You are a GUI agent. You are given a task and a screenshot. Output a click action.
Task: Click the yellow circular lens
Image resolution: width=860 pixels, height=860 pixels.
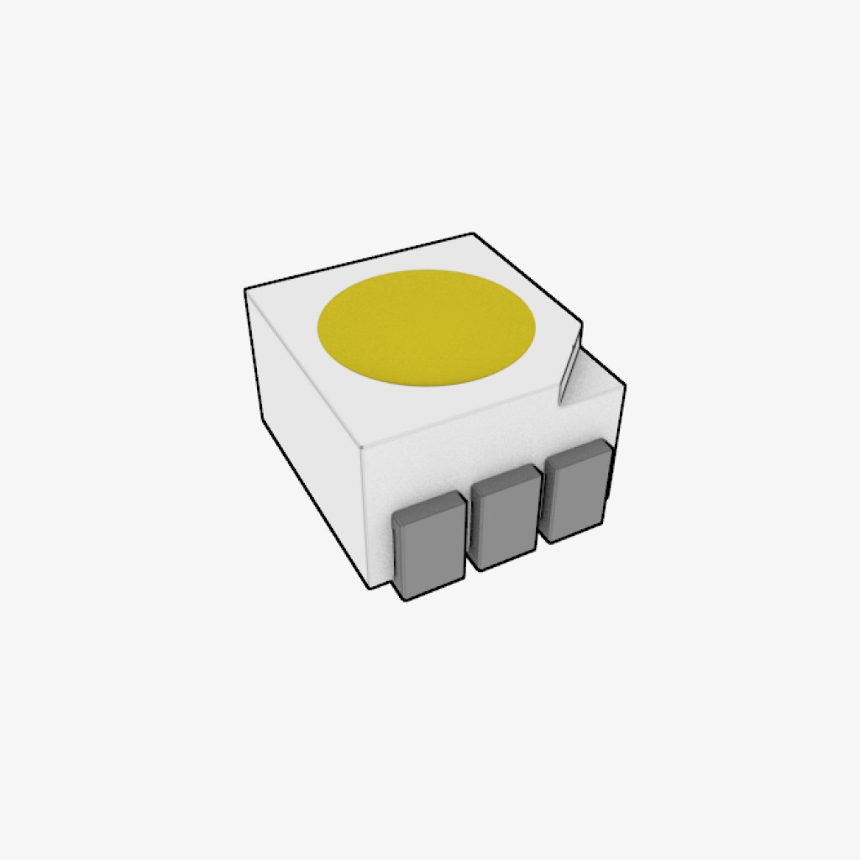tap(427, 327)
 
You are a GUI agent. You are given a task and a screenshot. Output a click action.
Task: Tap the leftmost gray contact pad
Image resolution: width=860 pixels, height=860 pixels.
tap(430, 550)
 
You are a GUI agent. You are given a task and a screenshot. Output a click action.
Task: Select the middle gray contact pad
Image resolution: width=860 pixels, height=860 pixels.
tap(505, 522)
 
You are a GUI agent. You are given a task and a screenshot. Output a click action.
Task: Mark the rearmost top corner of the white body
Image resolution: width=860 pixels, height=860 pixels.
tap(474, 234)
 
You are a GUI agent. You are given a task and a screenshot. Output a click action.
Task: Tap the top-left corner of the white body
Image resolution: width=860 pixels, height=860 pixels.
tap(246, 290)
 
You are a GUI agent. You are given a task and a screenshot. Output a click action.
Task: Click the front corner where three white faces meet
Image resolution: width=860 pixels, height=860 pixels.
tap(360, 447)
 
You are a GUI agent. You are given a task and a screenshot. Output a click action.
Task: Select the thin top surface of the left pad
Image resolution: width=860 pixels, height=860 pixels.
tap(428, 505)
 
